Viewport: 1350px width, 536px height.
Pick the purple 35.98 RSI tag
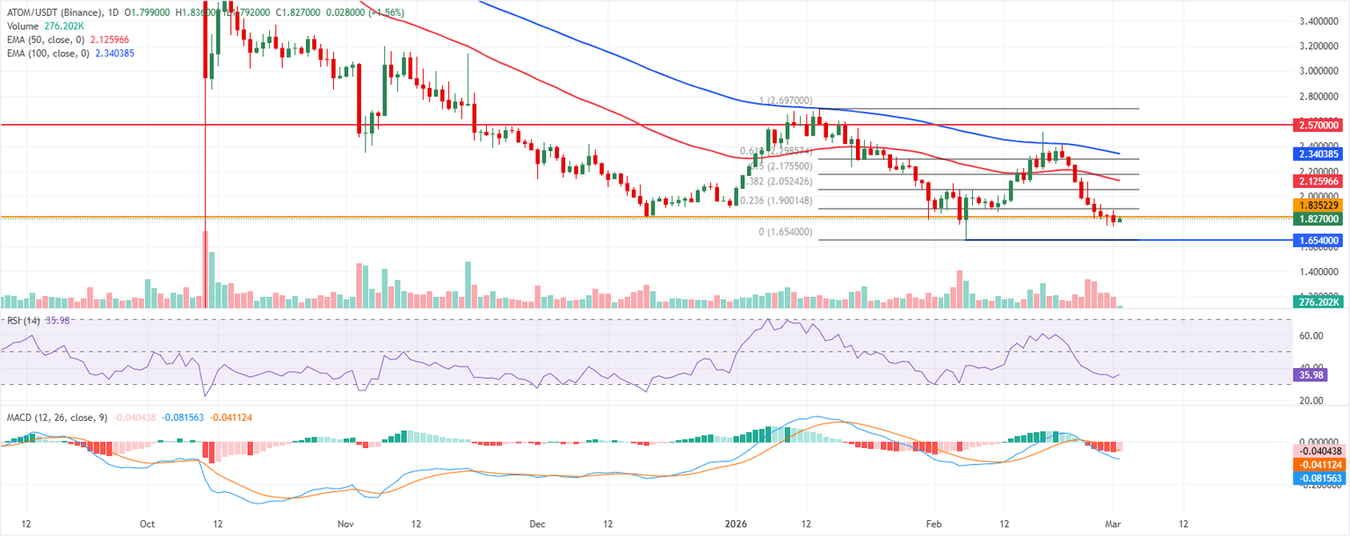pyautogui.click(x=1310, y=374)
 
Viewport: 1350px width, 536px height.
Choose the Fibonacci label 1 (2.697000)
pyautogui.click(x=786, y=101)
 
